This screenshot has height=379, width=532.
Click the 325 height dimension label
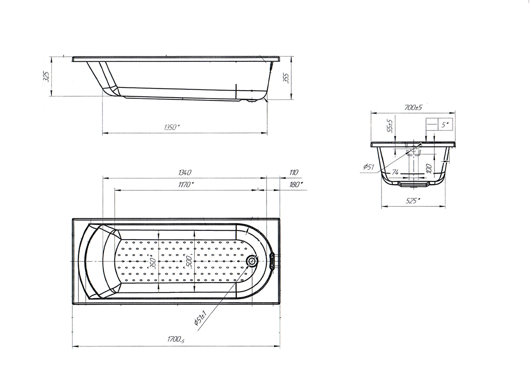click(47, 76)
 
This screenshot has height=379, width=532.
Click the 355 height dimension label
click(286, 78)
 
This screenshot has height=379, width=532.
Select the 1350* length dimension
click(172, 127)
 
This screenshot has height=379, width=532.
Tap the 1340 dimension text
click(185, 172)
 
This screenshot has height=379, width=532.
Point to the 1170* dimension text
click(186, 184)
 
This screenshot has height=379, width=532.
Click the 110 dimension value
click(293, 172)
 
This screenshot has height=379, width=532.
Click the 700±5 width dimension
click(413, 108)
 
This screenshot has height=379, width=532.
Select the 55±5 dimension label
click(390, 126)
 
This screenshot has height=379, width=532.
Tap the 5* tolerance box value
click(445, 125)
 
